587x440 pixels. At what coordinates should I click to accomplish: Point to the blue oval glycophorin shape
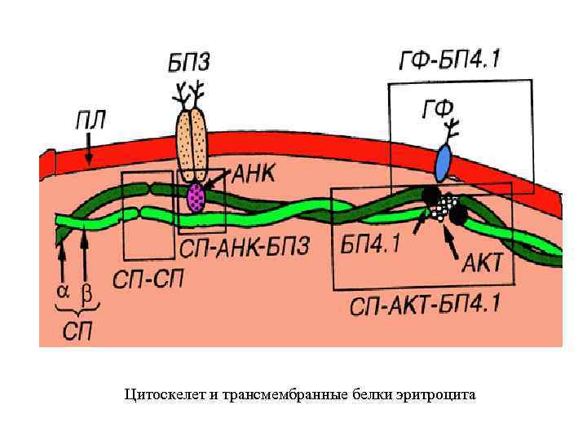coord(443,163)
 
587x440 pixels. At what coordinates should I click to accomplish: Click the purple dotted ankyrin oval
coord(196,197)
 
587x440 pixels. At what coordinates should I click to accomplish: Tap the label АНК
coord(256,174)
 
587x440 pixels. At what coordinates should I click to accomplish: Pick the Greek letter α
coord(62,291)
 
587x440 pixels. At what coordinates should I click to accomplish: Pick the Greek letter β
coord(86,292)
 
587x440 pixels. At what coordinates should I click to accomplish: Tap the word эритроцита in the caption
coord(438,395)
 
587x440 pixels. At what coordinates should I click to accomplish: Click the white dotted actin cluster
coord(442,209)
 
